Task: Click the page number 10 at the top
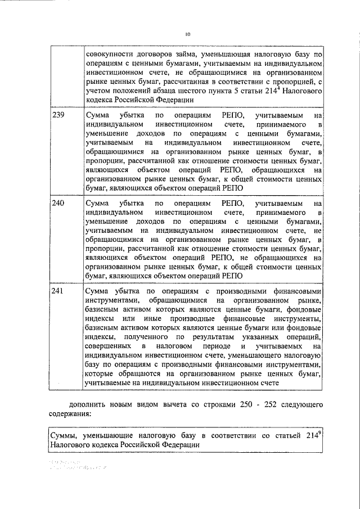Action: pyautogui.click(x=187, y=34)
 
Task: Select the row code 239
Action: pyautogui.click(x=58, y=115)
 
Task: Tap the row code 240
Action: pyautogui.click(x=58, y=203)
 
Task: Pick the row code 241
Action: pyautogui.click(x=58, y=291)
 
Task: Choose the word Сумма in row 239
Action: pyautogui.click(x=97, y=115)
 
